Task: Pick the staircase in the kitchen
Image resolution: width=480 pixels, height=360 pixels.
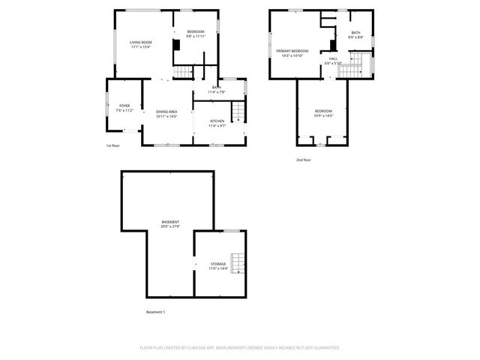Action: tap(238, 112)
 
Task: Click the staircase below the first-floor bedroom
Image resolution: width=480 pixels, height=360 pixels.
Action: tap(184, 72)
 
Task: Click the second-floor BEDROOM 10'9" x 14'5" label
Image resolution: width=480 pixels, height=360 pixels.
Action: tap(323, 113)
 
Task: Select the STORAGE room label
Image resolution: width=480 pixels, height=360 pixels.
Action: tap(218, 265)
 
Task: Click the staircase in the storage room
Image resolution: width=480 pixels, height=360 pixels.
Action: tap(238, 263)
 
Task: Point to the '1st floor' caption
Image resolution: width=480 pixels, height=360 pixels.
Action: tap(112, 145)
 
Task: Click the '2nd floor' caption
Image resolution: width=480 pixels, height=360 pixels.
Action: tap(303, 160)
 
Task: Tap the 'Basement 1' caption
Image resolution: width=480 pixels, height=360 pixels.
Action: tap(154, 312)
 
